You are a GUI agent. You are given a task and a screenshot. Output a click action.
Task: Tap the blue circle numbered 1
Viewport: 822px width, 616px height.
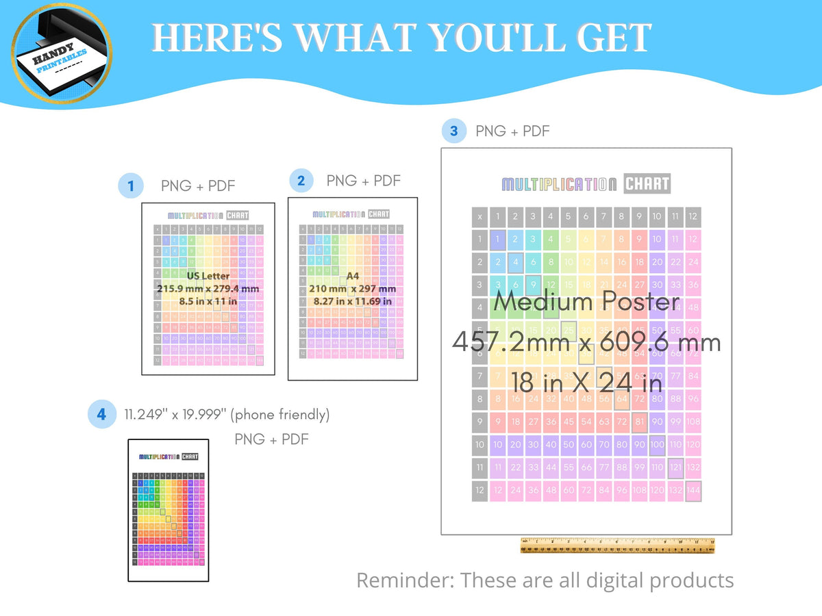click(130, 185)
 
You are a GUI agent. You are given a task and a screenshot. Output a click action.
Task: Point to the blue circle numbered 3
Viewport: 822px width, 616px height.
click(453, 131)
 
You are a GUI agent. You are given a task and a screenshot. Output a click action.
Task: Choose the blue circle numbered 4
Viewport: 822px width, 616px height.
click(101, 415)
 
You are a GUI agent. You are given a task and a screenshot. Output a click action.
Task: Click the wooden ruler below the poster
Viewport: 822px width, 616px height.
click(617, 546)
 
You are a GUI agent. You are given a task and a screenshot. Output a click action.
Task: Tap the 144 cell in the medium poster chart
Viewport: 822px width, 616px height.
click(693, 490)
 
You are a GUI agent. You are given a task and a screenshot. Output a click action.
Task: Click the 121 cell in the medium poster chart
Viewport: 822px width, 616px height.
click(675, 467)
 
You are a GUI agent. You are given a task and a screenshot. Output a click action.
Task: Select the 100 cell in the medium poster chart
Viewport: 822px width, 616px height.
click(658, 445)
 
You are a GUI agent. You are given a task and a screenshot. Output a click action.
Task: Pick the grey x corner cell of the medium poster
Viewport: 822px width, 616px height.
click(480, 217)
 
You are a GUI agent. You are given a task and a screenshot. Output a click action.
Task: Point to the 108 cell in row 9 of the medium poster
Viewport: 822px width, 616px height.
click(693, 422)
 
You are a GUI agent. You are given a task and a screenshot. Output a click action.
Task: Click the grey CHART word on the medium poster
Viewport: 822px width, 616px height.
click(647, 184)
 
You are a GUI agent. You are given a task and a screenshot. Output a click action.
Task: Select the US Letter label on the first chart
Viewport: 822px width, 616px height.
click(208, 276)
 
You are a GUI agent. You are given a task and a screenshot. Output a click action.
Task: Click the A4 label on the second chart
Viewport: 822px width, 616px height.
click(352, 277)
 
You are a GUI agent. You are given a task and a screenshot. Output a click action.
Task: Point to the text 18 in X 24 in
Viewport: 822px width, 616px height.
click(587, 381)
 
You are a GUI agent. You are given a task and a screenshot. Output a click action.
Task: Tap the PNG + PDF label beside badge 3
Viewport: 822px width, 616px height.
click(512, 131)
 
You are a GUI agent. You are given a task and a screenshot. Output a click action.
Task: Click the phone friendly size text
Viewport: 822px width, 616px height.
click(227, 414)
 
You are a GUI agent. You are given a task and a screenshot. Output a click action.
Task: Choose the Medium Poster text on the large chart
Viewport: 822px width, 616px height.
click(586, 302)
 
